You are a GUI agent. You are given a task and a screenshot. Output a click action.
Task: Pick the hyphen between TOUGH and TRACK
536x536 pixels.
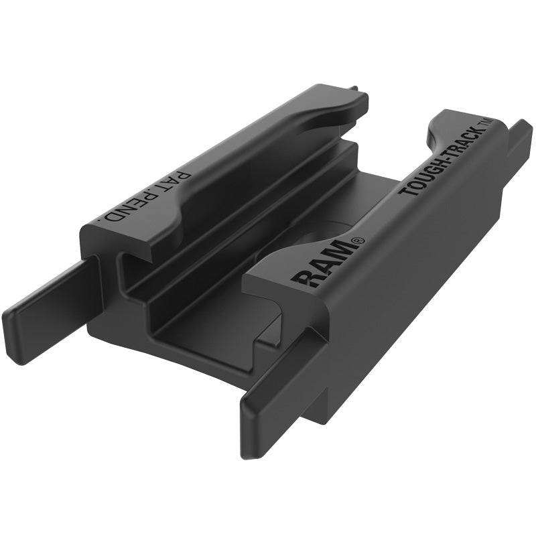(443, 159)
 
